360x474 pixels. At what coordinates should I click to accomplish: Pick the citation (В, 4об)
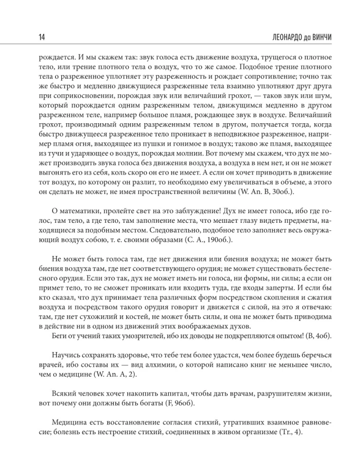315,336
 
